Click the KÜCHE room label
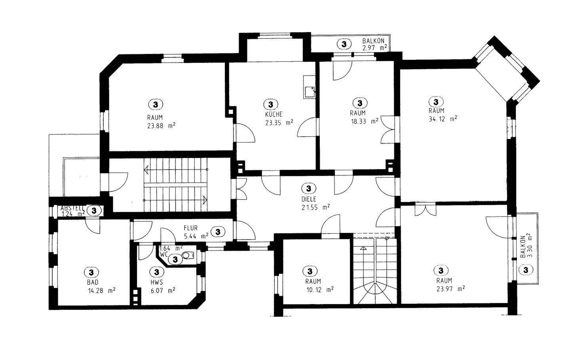pos(274,114)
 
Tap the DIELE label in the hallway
pos(309,199)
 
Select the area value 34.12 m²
pos(443,119)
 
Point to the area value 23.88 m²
pos(161,126)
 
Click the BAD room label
pos(93,282)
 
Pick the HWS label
pos(157,282)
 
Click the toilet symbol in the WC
pos(188,255)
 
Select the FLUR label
pos(191,228)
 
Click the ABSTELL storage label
pos(72,208)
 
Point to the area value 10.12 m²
pos(320,290)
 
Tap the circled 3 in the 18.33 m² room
pos(360,103)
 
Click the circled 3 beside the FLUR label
pos(218,232)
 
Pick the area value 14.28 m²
pos(102,291)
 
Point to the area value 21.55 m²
pos(316,208)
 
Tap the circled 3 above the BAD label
pos(91,272)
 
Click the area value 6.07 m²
pos(163,291)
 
